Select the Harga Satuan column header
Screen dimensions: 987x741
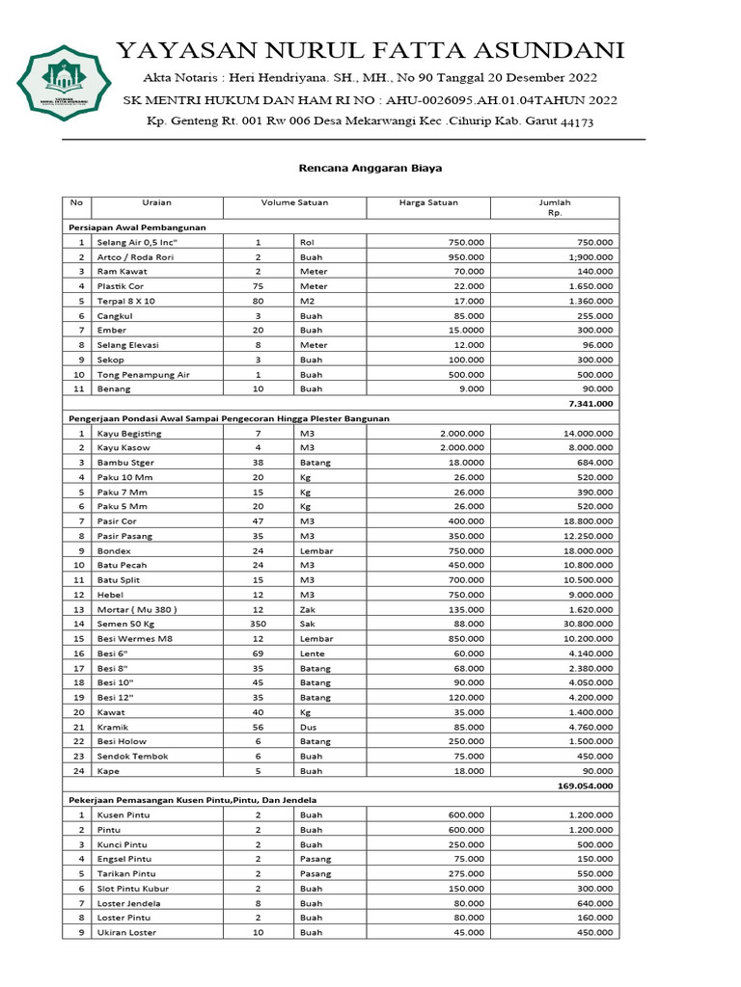428,202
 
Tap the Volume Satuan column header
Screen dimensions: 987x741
294,202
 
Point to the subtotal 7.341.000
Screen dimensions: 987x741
590,403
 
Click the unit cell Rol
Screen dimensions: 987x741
307,243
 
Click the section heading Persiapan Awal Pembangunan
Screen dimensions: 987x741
136,227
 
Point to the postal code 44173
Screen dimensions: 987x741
577,122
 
